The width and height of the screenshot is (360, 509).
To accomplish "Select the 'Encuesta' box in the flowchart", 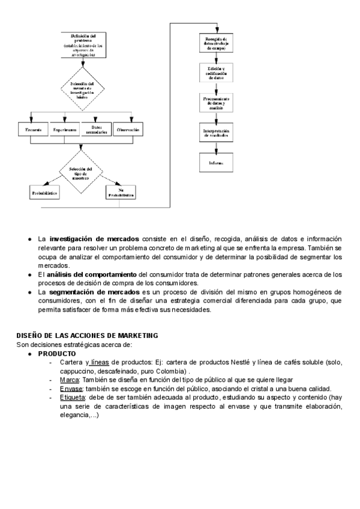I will (33, 130).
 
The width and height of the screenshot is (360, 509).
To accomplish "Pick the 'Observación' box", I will (128, 130).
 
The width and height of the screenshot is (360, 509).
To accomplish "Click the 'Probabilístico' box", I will (44, 193).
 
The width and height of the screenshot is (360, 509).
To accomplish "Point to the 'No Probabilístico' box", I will (120, 193).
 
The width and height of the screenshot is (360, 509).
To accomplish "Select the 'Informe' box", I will (216, 163).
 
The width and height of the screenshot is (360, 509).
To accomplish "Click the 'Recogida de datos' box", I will (216, 43).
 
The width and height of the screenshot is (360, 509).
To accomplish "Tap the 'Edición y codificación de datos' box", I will (216, 74).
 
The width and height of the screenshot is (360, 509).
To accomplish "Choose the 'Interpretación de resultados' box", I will (216, 134).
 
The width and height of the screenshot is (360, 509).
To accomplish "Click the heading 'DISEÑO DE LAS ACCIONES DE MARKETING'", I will (87, 336).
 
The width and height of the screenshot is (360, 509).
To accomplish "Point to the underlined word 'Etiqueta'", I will (73, 397).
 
